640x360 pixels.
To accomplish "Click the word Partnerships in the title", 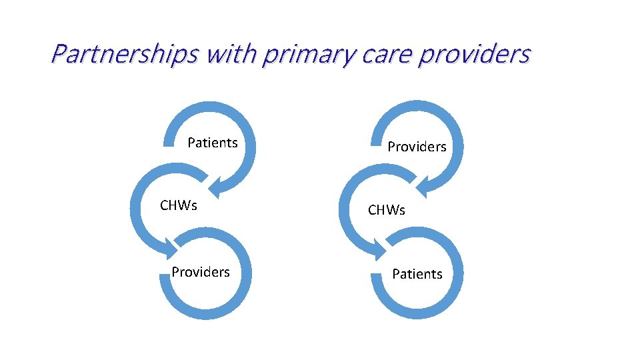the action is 124,53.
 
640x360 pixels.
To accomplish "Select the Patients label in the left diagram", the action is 213,143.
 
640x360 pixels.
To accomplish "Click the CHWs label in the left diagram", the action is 179,205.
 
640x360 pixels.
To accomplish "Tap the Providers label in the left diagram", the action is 201,272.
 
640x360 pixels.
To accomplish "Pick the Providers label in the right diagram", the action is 417,147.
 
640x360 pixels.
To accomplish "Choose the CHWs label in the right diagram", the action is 387,211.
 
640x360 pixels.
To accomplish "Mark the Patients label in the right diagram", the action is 417,274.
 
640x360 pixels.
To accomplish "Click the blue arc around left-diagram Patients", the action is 247,127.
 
